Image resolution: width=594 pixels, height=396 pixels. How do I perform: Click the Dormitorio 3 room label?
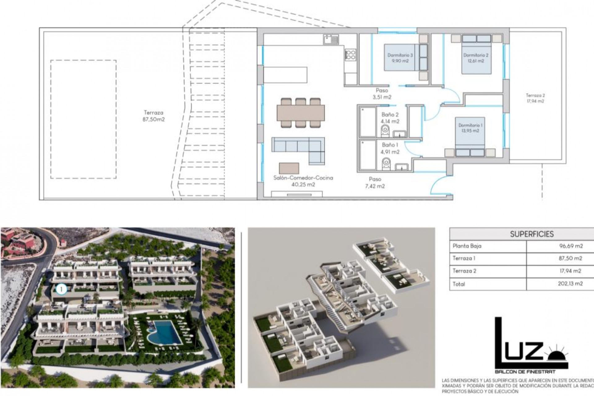(400, 58)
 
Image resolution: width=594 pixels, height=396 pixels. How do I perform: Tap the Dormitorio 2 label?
(476, 58)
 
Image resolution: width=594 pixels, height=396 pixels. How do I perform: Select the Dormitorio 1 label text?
(470, 128)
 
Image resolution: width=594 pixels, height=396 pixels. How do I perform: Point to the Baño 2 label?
(390, 118)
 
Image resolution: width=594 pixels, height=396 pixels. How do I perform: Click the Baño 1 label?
(390, 148)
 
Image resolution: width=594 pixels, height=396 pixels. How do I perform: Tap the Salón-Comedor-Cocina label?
(303, 181)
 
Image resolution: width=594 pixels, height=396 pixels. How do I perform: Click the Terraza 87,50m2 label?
(153, 116)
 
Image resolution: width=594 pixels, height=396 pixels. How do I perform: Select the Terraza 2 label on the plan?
(535, 98)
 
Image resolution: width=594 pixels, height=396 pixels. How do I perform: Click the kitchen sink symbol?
(331, 39)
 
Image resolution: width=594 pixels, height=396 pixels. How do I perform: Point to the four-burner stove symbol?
(350, 55)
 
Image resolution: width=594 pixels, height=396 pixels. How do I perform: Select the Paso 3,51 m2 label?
(382, 94)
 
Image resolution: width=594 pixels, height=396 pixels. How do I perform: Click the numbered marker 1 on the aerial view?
(62, 289)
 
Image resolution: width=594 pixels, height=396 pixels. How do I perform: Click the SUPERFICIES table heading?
(532, 234)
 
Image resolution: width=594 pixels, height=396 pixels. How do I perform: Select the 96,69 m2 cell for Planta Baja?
(570, 246)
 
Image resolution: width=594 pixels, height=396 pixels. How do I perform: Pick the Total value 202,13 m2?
(570, 284)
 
